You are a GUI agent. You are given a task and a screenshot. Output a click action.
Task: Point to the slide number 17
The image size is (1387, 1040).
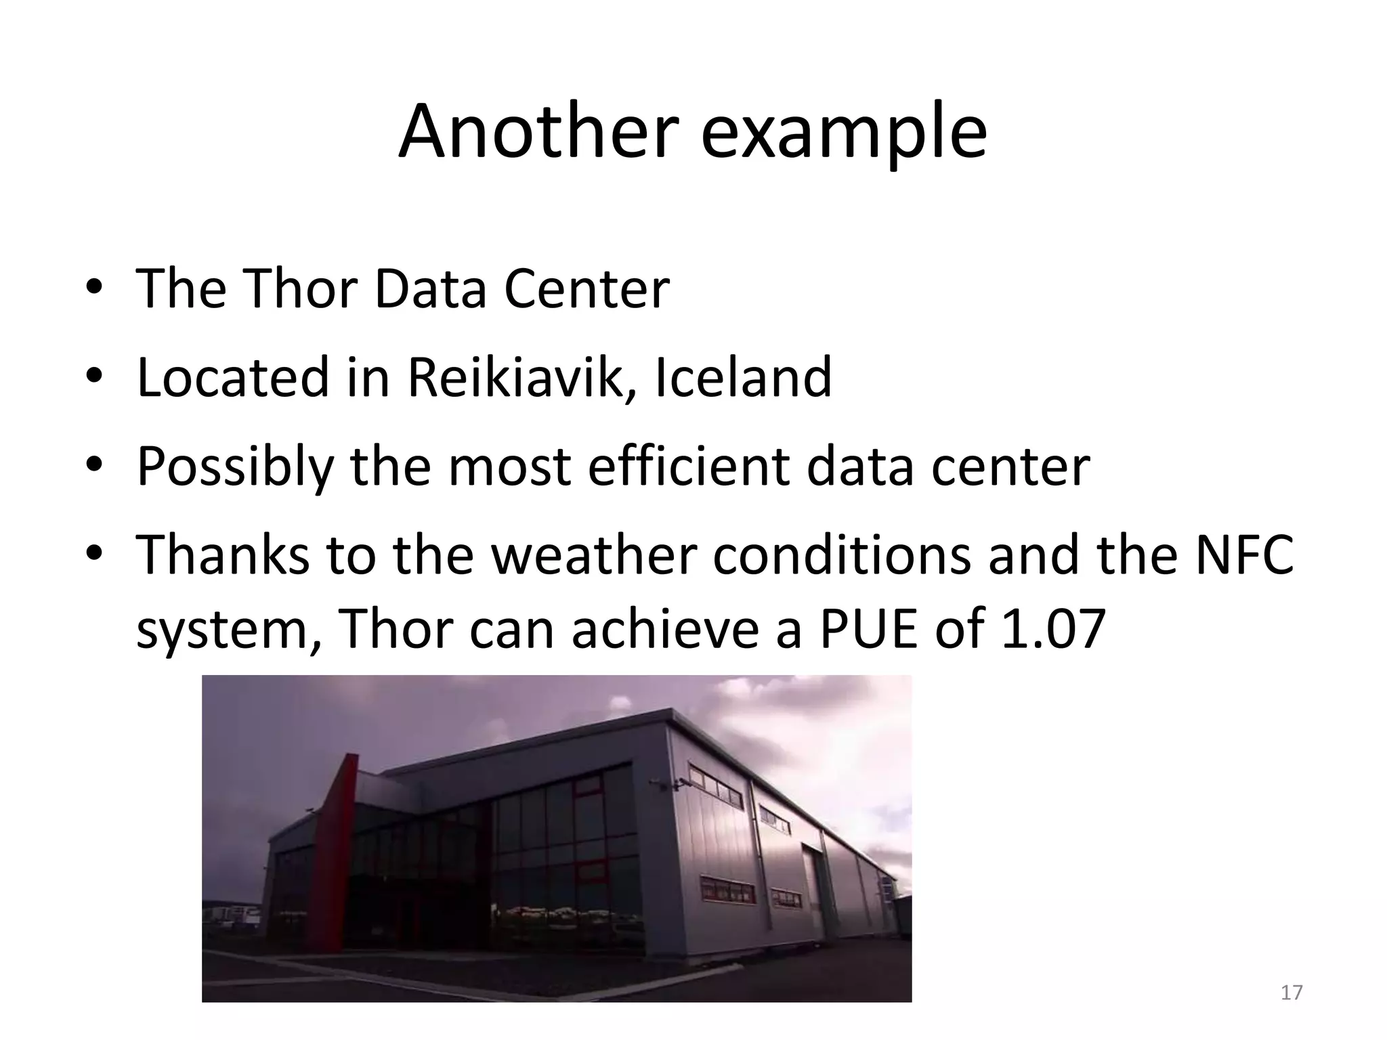pyautogui.click(x=1292, y=993)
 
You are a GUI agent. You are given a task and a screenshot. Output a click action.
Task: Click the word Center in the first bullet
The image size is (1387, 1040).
pyautogui.click(x=586, y=288)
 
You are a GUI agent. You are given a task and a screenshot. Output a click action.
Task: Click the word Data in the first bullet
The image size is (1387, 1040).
pyautogui.click(x=430, y=288)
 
